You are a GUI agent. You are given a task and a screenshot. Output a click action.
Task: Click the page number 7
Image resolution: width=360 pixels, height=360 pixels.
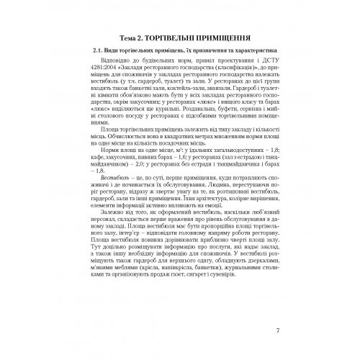(x=278, y=331)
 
